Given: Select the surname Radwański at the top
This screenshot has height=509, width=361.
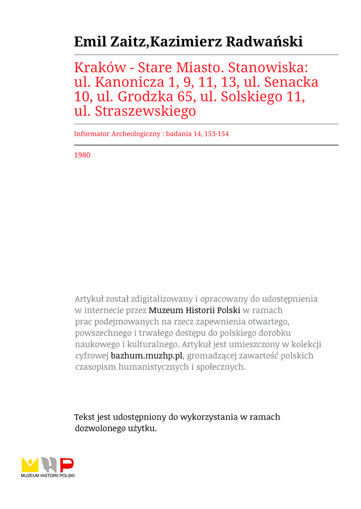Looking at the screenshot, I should (264, 42).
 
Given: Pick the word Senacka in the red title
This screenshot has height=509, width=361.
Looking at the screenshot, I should (294, 83).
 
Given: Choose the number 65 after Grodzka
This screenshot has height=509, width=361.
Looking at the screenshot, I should (178, 97).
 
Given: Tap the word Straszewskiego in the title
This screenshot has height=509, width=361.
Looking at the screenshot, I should (145, 111).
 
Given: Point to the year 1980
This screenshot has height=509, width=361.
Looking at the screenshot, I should (82, 155).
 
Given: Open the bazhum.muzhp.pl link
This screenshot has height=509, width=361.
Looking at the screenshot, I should (147, 356).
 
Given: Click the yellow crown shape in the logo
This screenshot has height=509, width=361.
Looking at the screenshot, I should (30, 465).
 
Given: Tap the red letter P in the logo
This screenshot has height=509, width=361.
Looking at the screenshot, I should (67, 465).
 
